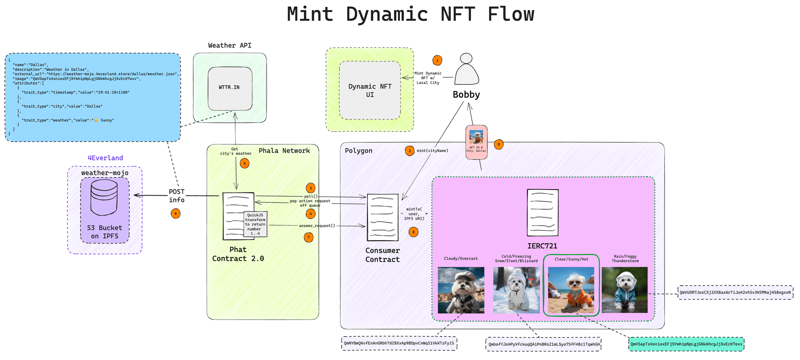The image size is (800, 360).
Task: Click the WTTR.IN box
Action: [230, 88]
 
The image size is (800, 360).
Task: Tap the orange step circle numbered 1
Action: [437, 60]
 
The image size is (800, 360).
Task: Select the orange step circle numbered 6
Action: [175, 214]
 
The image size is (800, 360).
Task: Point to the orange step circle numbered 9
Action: [498, 144]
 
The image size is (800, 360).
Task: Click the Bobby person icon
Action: [466, 70]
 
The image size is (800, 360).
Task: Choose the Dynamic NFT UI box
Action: [370, 90]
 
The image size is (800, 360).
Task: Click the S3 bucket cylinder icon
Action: [104, 197]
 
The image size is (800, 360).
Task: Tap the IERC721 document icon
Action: [542, 212]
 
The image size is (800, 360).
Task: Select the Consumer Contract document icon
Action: [382, 217]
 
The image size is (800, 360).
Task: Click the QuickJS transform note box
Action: [256, 224]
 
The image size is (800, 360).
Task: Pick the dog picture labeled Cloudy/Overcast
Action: [461, 290]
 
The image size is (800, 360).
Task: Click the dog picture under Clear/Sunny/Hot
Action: [571, 290]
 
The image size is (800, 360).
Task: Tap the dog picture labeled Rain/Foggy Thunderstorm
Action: [624, 290]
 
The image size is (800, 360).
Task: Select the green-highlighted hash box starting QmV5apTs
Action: [686, 344]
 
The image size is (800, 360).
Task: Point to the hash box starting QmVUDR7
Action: [735, 292]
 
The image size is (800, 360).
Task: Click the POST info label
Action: [176, 196]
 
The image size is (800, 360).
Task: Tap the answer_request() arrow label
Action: [317, 226]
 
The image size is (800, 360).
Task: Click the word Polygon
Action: [358, 151]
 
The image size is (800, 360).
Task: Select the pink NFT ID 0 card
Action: [476, 142]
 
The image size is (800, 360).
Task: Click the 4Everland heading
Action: [105, 158]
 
